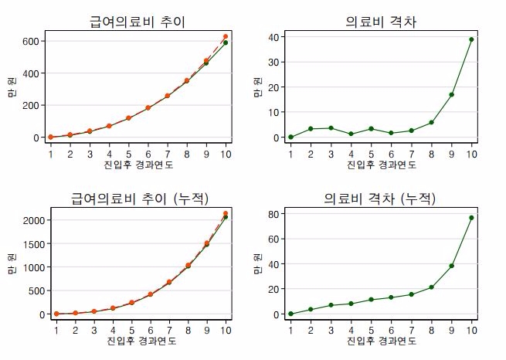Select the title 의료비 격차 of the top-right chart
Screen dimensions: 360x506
point(381,22)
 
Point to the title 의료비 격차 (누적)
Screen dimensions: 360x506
point(381,199)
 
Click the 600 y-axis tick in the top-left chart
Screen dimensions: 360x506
point(32,41)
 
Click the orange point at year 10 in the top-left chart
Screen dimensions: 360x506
point(226,36)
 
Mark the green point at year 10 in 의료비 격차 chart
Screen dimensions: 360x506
point(471,39)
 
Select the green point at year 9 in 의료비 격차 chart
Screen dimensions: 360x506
point(451,95)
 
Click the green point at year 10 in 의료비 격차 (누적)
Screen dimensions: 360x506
point(471,218)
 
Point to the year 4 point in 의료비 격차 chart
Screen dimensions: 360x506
point(351,134)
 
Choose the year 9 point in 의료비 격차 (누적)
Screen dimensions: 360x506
point(451,266)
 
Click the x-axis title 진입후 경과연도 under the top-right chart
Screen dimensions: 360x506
point(381,165)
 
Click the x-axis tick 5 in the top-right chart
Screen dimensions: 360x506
point(371,154)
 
